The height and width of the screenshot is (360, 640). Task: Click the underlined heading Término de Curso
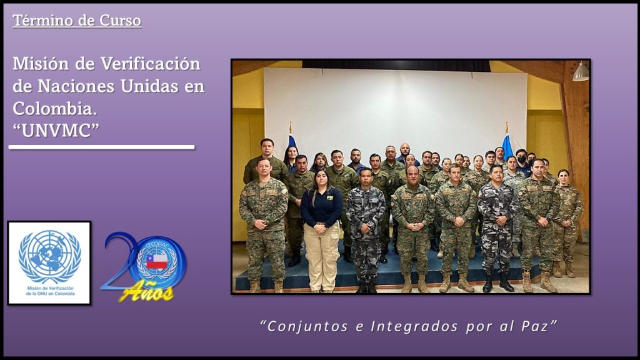[77, 21]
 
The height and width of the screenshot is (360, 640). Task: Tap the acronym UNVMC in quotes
[56, 131]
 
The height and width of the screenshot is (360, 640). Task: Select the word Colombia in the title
[55, 109]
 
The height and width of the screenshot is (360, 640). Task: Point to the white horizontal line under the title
[102, 147]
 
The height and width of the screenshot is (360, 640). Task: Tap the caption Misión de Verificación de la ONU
[50, 291]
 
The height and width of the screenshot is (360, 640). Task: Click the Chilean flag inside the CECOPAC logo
[157, 261]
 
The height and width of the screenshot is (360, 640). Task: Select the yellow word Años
[146, 291]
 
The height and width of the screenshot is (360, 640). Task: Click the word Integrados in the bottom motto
[415, 326]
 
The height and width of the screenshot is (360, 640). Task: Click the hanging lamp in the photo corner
[581, 72]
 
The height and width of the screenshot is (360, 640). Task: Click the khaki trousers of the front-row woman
[322, 256]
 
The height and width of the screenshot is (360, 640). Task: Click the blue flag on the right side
[507, 147]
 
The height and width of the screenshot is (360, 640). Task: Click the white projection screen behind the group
[395, 110]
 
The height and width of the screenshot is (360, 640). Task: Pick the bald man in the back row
[404, 153]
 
